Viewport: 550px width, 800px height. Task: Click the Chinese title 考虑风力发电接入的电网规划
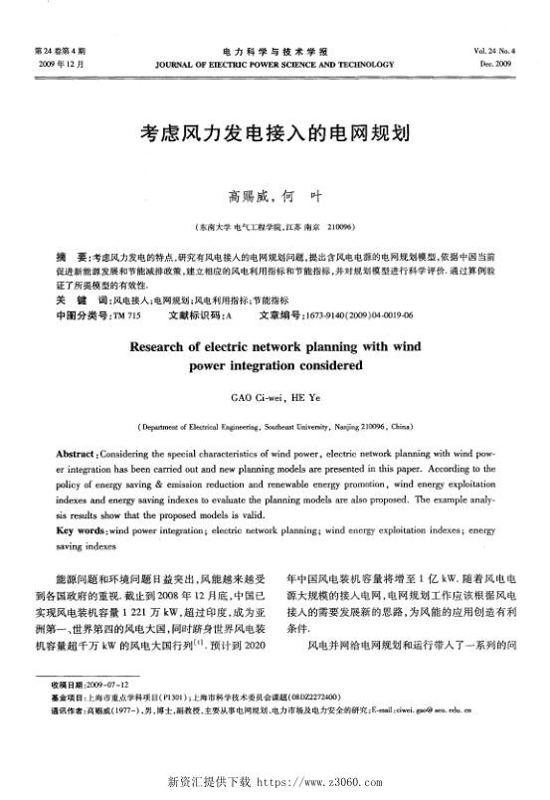coord(274,131)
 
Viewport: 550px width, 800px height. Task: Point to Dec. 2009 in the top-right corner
coord(506,62)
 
